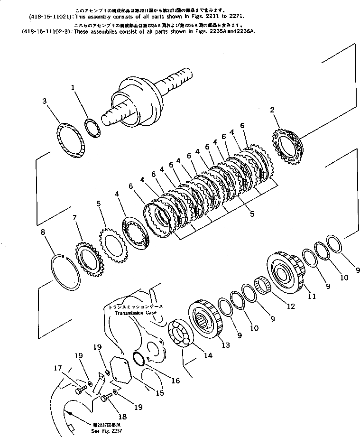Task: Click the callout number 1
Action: pos(73,88)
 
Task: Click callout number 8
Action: pos(44,233)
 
